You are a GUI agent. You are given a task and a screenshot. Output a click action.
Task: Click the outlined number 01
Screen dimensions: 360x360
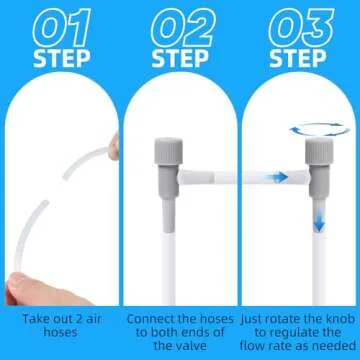click(62, 28)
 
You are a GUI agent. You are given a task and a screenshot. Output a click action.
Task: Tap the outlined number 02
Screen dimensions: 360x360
click(183, 28)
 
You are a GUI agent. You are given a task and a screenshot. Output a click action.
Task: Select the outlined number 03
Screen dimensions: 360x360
click(301, 28)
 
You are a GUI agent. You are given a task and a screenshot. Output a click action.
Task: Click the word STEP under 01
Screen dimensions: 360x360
click(62, 59)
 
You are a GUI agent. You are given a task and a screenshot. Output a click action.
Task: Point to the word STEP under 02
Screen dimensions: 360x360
click(180, 59)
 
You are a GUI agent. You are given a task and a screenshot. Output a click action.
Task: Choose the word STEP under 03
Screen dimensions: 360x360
click(298, 59)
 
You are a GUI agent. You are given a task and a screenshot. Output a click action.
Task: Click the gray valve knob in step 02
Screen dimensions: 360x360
click(168, 151)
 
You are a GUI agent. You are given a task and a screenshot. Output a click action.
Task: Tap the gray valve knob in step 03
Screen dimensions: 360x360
click(319, 151)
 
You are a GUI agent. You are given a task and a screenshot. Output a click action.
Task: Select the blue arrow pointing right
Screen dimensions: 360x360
click(280, 177)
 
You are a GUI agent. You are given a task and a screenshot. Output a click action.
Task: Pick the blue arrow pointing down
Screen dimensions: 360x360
click(319, 220)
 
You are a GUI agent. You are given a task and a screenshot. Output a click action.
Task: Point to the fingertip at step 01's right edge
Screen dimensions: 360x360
click(114, 146)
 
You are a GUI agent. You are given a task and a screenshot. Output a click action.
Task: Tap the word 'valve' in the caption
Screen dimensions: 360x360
click(189, 346)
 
